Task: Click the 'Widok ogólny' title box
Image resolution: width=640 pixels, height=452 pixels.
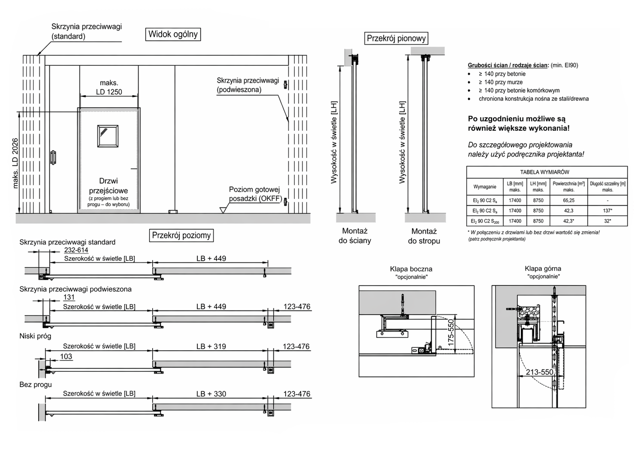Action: click(x=173, y=34)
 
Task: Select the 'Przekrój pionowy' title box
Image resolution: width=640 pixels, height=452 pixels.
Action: click(x=396, y=38)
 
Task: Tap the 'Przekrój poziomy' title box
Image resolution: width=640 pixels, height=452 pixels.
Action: click(x=181, y=235)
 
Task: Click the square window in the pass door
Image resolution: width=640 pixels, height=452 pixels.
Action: click(x=108, y=136)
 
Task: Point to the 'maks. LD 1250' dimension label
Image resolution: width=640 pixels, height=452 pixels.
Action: click(x=109, y=87)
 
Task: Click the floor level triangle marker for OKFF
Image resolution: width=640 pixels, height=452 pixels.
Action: click(x=223, y=210)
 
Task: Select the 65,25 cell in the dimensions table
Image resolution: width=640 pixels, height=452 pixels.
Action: click(x=568, y=200)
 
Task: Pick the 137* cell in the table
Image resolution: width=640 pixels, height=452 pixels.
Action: click(x=607, y=211)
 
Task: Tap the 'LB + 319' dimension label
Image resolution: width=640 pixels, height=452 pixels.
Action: click(x=211, y=346)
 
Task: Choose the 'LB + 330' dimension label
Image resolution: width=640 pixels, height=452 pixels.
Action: click(x=211, y=394)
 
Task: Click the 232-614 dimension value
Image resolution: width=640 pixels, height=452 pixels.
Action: click(x=76, y=250)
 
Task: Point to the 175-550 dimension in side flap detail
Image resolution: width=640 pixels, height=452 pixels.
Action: click(x=451, y=333)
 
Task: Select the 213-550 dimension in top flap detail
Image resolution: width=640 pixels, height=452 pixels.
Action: click(x=540, y=372)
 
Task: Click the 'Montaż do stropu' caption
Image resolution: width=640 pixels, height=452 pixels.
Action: click(x=424, y=236)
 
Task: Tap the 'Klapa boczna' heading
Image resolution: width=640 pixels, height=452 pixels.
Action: click(x=411, y=269)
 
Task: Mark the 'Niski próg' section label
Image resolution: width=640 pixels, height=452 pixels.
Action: click(x=35, y=336)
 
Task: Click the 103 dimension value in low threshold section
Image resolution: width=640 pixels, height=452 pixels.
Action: click(x=66, y=356)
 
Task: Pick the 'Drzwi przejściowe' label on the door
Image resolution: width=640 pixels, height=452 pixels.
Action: click(x=108, y=186)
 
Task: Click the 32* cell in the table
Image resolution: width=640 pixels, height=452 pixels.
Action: click(x=607, y=221)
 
